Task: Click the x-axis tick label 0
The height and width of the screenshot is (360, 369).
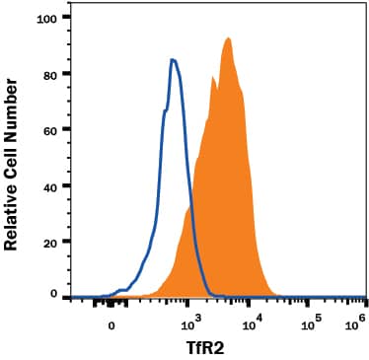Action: pos(111,323)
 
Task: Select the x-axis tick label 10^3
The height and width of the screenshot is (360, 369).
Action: pos(193,321)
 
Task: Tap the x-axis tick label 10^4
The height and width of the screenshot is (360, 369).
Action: pos(254,321)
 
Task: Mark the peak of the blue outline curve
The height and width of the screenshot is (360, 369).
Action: pos(173,60)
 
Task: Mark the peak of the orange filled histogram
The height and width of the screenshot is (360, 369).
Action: pos(228,38)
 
